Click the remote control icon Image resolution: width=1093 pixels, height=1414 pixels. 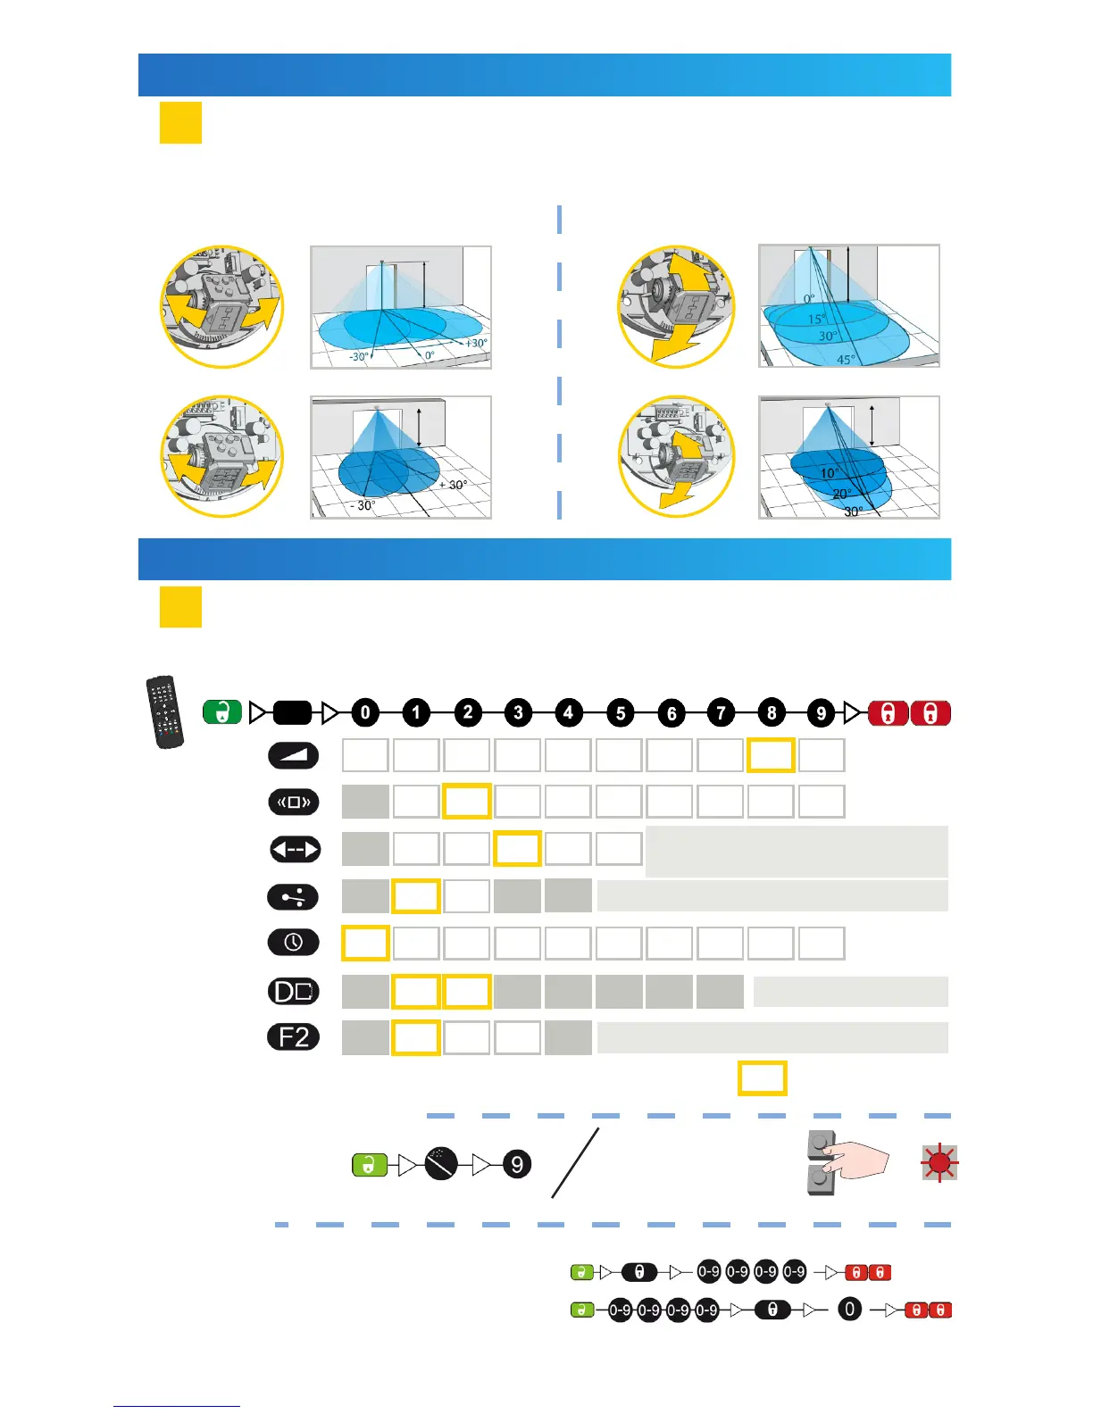coord(165,711)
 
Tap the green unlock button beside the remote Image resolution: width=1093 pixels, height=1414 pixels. coord(222,712)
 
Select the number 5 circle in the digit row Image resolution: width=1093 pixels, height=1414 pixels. coord(620,713)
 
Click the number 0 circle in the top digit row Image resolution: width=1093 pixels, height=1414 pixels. coord(364,713)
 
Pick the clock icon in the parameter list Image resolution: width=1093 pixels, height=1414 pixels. coord(293,942)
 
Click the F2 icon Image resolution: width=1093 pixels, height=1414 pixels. coord(293,1037)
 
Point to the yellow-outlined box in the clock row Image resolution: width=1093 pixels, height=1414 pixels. coord(365,943)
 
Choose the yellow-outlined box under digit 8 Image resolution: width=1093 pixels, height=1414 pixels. coord(771,755)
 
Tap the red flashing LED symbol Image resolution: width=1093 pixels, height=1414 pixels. coord(939,1162)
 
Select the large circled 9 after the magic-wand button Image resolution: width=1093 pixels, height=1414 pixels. coord(517,1164)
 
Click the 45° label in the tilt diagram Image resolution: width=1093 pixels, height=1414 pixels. coord(846,360)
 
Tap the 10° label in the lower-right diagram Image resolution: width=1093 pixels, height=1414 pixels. coord(830,473)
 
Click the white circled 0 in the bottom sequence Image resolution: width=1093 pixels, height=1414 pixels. coord(849,1310)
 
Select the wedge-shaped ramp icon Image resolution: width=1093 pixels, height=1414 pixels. coord(293,755)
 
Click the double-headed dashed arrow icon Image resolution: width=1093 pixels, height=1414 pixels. coord(295,849)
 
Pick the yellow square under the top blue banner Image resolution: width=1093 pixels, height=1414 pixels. coord(180,122)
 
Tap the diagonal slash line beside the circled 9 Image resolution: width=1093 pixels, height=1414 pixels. coord(575,1162)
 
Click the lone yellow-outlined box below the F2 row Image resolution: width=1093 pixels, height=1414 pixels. coord(762,1078)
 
